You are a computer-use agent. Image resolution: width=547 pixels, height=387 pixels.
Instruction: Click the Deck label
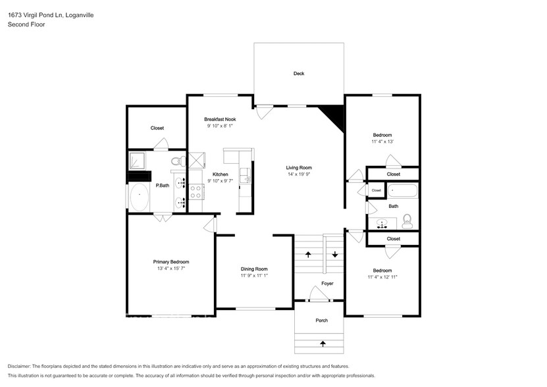pos(299,74)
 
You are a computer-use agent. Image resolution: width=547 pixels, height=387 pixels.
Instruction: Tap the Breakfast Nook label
pos(220,119)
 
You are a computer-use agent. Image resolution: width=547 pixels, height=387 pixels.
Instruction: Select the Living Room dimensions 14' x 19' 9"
pos(298,175)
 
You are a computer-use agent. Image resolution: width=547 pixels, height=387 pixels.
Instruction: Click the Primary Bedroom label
pos(171,262)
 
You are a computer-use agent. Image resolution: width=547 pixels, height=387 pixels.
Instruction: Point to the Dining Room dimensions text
pos(254,276)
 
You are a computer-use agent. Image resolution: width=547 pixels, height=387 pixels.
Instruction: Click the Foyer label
pos(327,284)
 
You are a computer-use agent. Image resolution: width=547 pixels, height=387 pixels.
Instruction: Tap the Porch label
pos(321,321)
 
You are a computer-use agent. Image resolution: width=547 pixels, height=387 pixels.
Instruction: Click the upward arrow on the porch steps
pos(323,343)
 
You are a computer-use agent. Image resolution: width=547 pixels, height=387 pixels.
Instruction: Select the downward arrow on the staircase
pos(334,254)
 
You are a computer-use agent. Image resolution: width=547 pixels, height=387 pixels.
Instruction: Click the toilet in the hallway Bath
pos(407,221)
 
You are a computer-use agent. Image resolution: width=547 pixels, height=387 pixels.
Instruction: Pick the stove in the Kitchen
pos(196,191)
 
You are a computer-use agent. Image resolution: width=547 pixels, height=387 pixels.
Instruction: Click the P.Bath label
pos(162,186)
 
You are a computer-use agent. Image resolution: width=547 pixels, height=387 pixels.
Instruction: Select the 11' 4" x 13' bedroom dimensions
pos(382,142)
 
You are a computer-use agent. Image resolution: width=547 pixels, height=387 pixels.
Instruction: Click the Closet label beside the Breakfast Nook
pos(157,128)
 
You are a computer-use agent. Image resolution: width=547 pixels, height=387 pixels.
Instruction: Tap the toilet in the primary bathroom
pos(176,161)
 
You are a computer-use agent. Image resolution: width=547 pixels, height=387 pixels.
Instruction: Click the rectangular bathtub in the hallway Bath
pos(402,192)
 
